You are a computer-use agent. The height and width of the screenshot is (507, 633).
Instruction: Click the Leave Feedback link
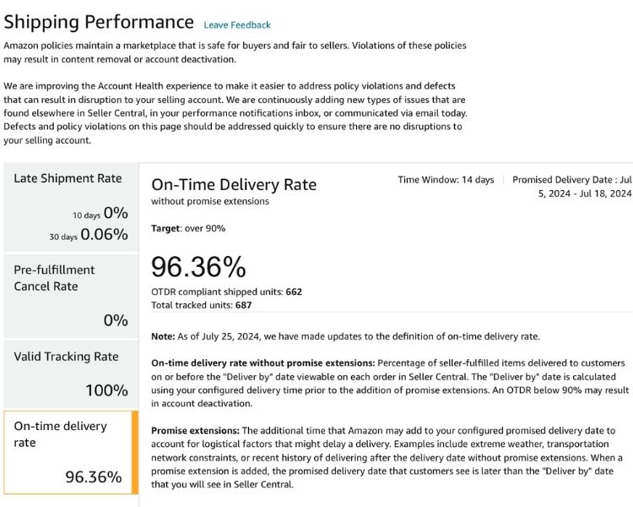point(237,25)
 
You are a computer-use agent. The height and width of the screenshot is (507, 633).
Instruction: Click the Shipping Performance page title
point(99,22)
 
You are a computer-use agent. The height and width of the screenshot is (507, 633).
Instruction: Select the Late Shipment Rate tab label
point(68,178)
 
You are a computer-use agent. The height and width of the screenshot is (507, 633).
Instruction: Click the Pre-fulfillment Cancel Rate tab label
point(54,278)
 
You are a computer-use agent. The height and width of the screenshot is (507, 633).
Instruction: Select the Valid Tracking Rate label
point(66,357)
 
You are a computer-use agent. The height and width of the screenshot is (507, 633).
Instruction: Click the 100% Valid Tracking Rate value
point(106,390)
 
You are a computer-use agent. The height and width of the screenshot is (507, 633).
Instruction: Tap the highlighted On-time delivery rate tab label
point(60,433)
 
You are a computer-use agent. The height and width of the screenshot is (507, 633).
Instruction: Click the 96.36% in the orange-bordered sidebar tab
point(94,477)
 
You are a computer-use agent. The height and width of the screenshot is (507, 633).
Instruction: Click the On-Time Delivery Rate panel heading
point(234,184)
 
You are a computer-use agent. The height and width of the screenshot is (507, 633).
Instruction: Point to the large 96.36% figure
point(198,267)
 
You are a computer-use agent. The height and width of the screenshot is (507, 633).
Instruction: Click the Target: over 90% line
point(188,228)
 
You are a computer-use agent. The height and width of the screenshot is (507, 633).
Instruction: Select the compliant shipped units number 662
point(294,292)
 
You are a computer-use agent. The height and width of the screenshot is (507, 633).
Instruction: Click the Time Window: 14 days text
point(446,180)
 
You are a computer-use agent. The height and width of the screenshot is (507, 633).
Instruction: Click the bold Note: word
point(164,336)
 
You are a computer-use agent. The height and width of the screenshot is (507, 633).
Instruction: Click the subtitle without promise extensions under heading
point(209,201)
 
